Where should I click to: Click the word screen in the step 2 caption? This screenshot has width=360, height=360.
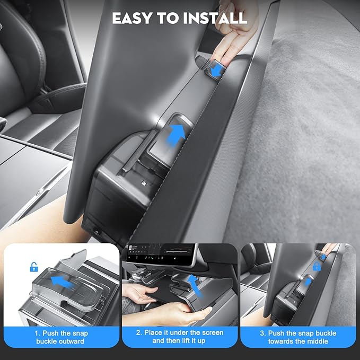[x=209, y=332]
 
